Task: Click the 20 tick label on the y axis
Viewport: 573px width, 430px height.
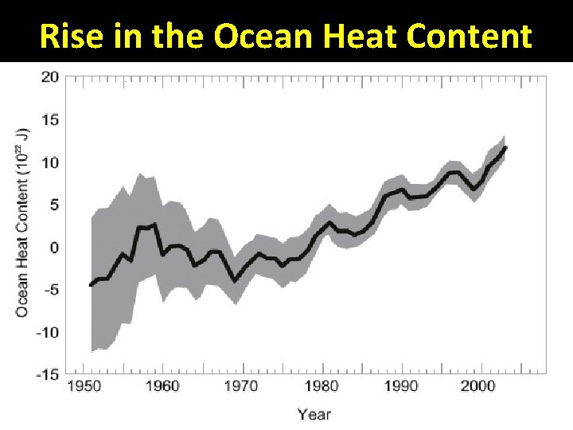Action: [50, 77]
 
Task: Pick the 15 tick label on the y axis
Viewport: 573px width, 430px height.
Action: [50, 120]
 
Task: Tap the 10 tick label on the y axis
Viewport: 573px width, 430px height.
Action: [50, 162]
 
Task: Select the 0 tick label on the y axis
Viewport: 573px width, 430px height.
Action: [54, 248]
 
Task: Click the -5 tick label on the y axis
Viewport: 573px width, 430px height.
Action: [50, 290]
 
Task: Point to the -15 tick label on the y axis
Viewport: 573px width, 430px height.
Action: [47, 374]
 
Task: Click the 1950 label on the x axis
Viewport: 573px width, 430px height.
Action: [83, 386]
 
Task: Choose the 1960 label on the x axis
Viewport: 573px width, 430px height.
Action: [162, 386]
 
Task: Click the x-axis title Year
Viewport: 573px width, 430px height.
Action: [314, 413]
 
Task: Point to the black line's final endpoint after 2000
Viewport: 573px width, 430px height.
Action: [505, 148]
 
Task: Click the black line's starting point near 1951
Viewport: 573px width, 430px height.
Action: [91, 285]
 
